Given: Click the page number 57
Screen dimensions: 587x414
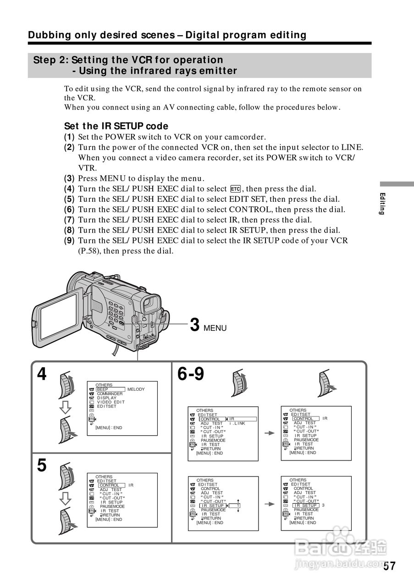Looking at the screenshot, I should (389, 566).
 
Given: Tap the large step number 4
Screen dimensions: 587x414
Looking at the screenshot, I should (42, 374).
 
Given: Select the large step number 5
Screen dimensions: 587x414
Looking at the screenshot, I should (42, 465).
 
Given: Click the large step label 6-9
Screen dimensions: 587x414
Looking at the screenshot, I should (191, 374).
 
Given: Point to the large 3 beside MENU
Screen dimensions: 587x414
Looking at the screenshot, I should (194, 325).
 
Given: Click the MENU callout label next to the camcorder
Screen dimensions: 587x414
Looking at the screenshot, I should (215, 328).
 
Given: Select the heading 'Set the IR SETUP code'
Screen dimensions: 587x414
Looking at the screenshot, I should (116, 126).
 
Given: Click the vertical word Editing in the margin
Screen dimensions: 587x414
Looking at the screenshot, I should (381, 204).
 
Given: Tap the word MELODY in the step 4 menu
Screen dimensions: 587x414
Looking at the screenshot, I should (136, 389).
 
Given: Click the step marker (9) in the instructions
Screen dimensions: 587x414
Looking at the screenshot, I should (69, 240).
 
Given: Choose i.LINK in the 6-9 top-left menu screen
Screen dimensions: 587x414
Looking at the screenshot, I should (237, 423).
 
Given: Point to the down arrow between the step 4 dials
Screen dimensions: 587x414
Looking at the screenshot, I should (66, 407).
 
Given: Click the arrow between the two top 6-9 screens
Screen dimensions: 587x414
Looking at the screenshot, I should (270, 432).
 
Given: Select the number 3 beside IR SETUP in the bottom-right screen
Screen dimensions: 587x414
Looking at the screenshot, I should (323, 505).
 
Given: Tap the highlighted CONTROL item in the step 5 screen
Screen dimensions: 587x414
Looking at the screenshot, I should (110, 485).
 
